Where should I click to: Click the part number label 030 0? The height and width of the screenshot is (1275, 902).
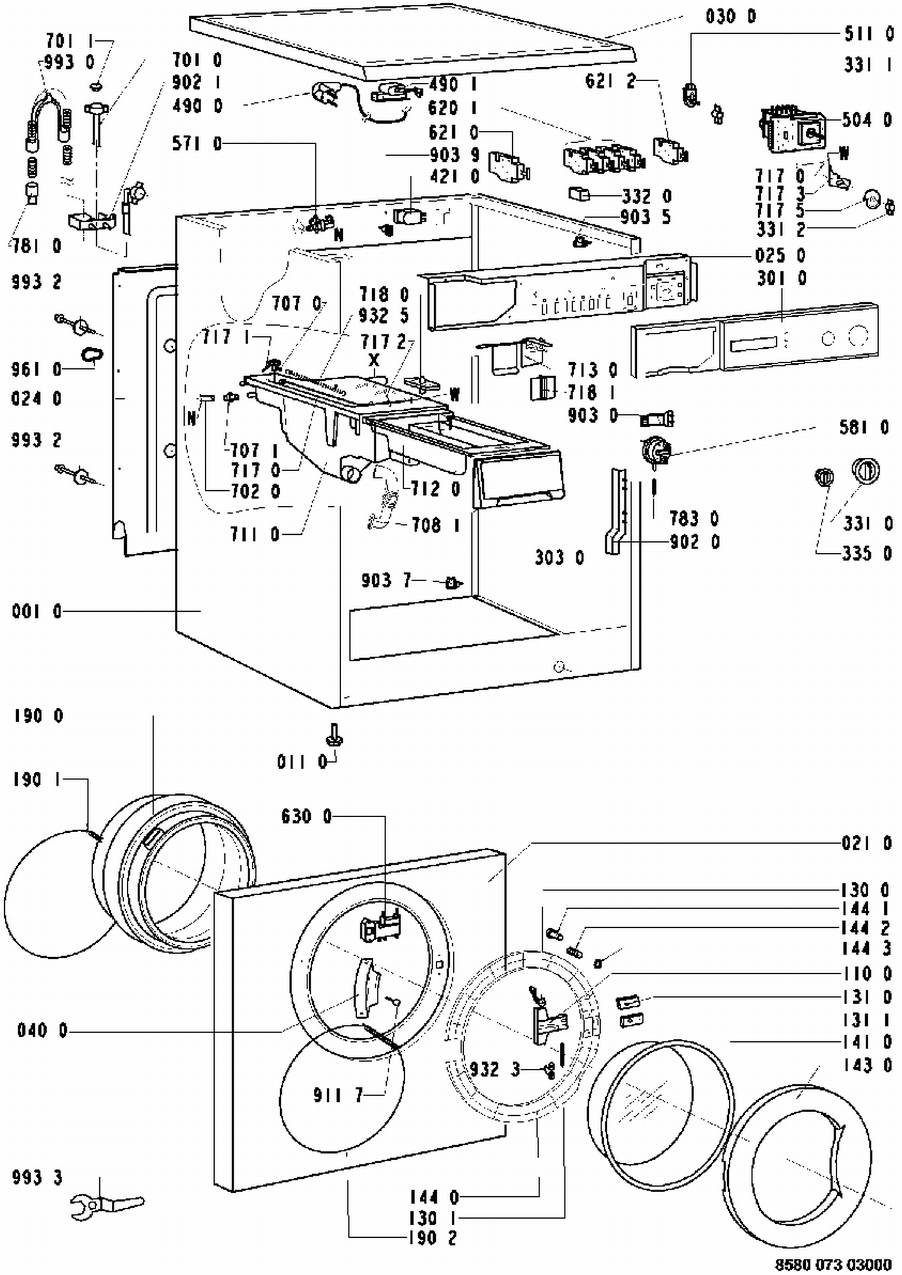pos(731,16)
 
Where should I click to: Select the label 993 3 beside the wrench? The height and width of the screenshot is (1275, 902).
pos(37,1177)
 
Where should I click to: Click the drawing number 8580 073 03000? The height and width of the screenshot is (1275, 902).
pos(832,1264)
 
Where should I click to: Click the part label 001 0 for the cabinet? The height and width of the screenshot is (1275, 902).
pos(37,612)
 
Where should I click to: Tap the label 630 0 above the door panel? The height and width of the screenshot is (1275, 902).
pos(306,816)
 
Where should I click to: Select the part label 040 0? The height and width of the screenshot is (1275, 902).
pos(42,1030)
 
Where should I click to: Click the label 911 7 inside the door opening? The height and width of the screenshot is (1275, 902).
pos(338,1095)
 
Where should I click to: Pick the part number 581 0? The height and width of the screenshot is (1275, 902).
pos(864,427)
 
